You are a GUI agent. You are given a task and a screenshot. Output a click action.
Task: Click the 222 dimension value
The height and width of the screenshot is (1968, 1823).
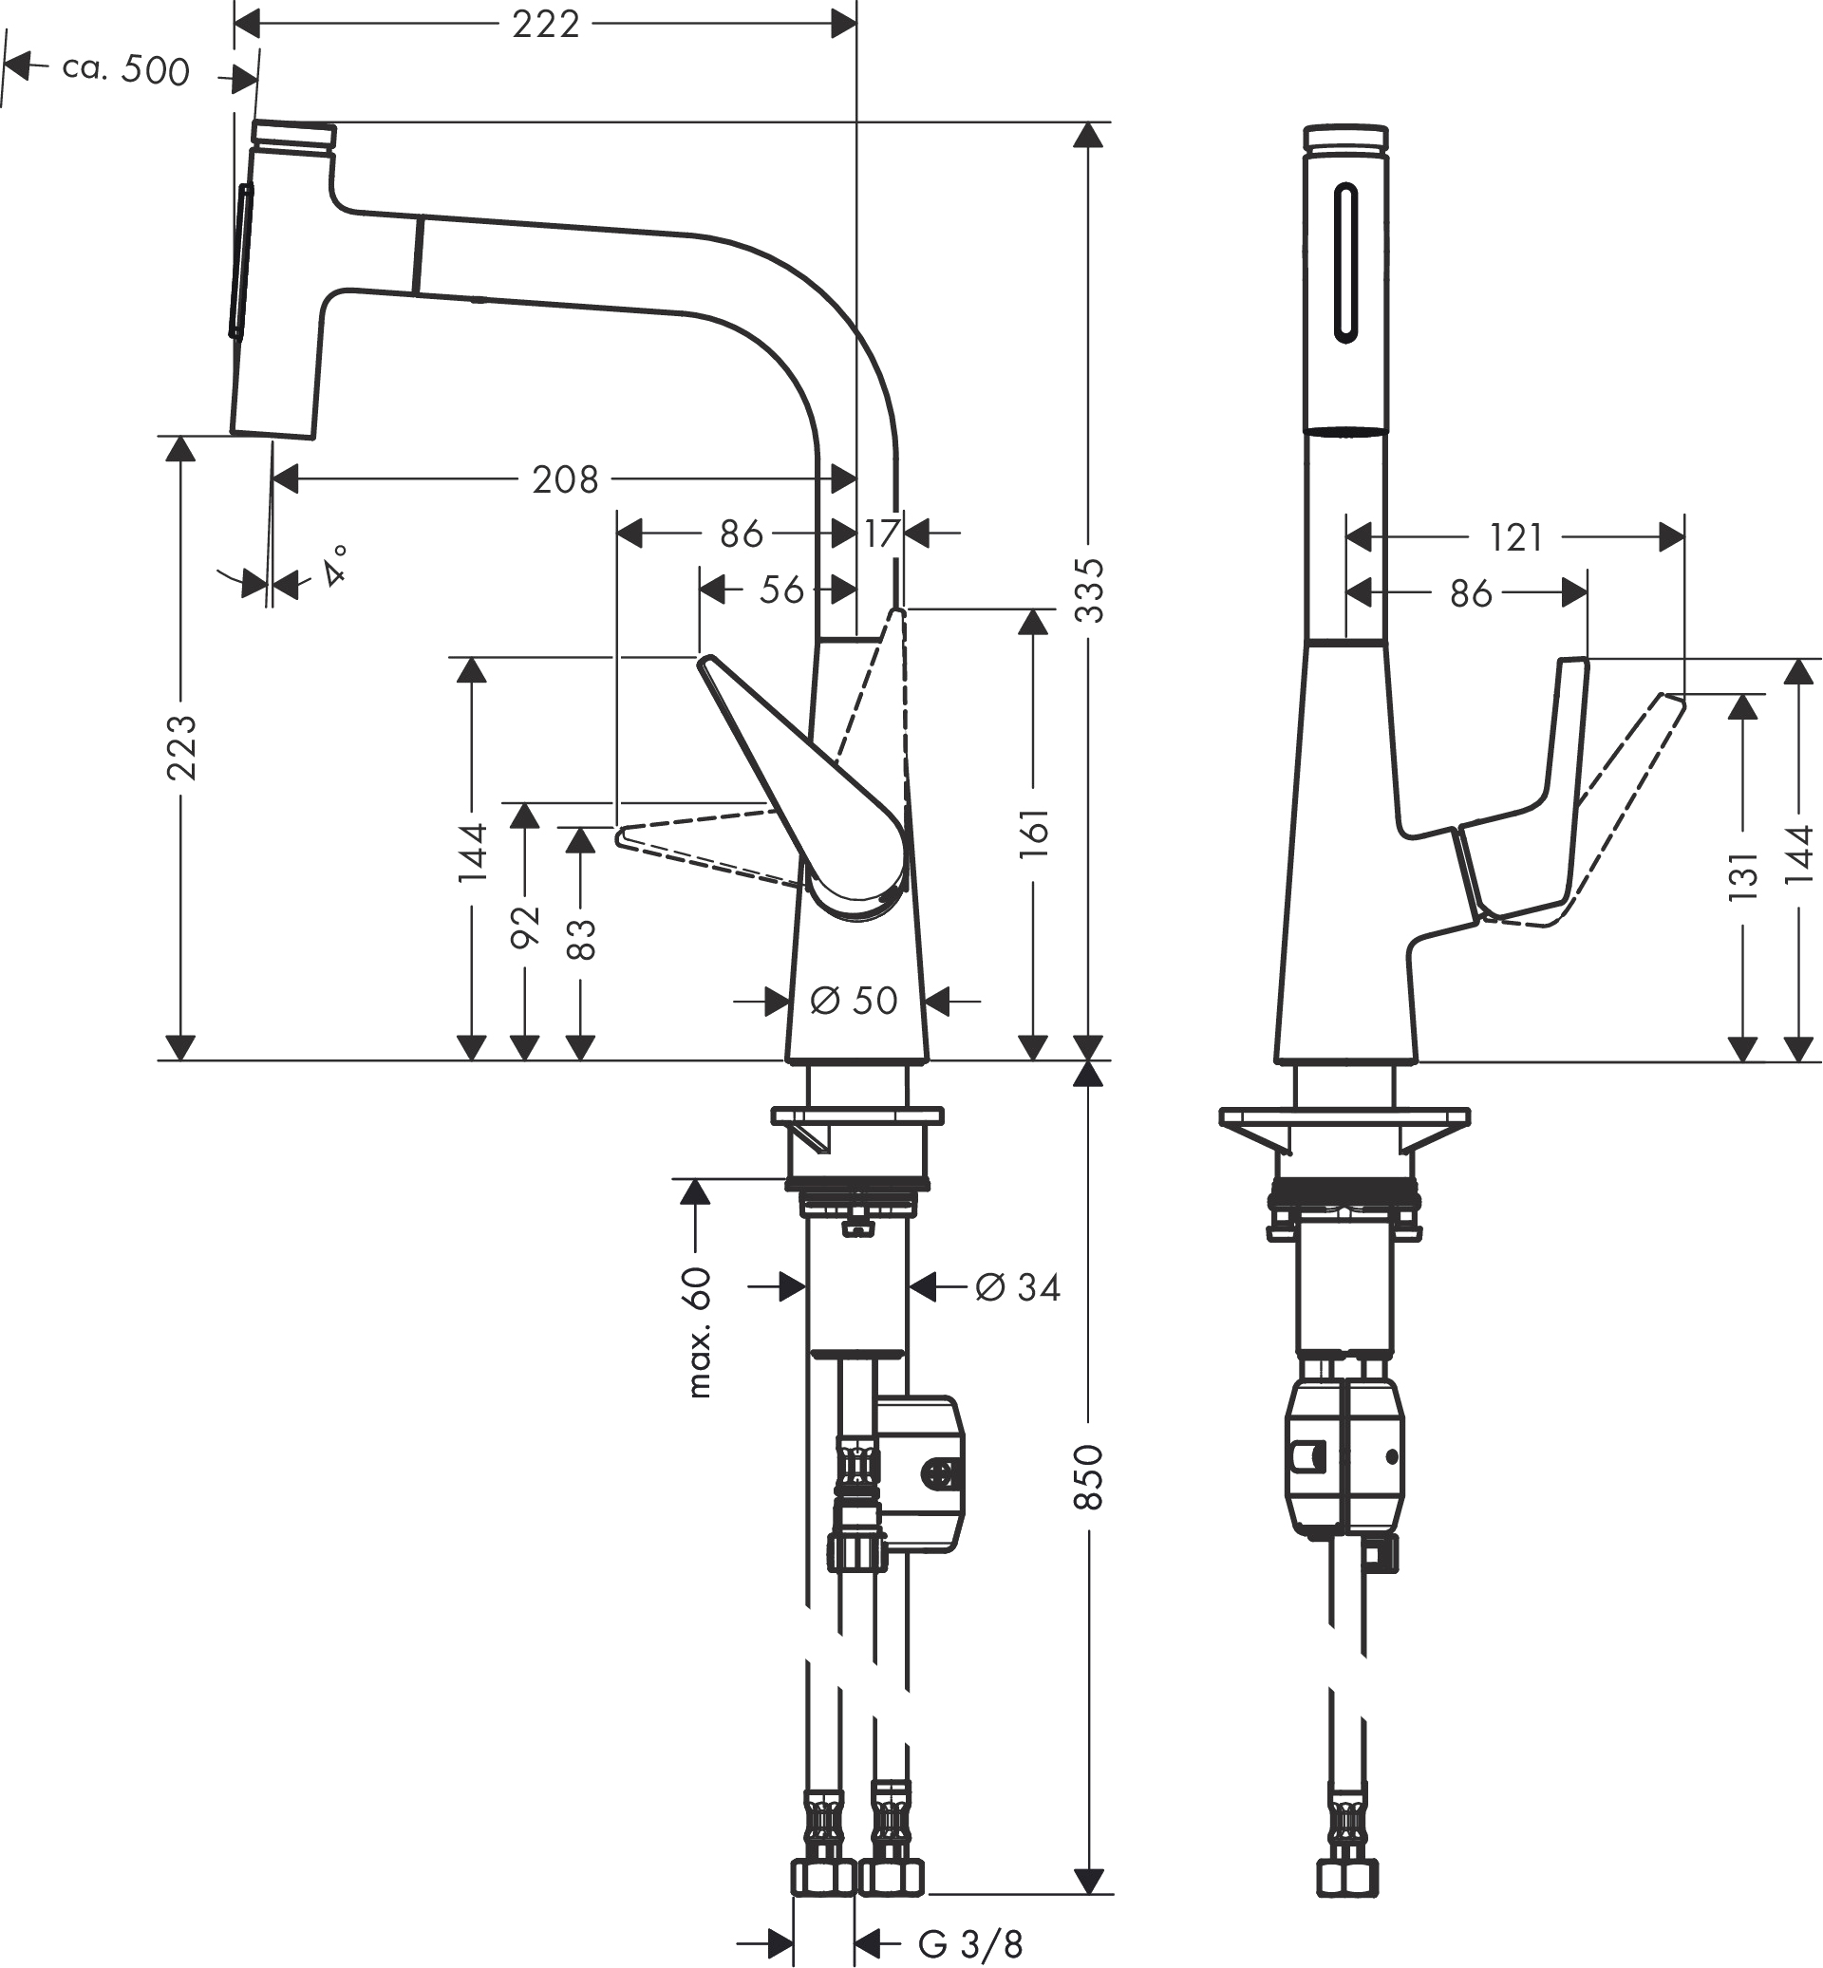[546, 24]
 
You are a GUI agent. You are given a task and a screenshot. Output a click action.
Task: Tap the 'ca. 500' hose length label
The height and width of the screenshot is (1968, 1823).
[125, 70]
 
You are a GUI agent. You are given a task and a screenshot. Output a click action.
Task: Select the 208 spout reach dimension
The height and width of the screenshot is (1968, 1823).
[565, 479]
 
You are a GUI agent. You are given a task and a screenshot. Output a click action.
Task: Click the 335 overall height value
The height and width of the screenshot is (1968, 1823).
[1089, 590]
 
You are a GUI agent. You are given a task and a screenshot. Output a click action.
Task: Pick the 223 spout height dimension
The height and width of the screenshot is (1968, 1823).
[181, 748]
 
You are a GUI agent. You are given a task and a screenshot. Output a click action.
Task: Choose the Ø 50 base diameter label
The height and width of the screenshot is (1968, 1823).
[855, 1002]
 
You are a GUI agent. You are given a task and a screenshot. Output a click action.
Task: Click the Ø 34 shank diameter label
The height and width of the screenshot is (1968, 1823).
[1017, 1287]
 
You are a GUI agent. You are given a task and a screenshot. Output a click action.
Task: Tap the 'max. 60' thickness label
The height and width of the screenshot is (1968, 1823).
[698, 1334]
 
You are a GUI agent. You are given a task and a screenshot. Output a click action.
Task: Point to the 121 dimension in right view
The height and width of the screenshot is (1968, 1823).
[1516, 537]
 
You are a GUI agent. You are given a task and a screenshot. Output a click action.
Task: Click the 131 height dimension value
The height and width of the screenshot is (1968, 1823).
[1744, 875]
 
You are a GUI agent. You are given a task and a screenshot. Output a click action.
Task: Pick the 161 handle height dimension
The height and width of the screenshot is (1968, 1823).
[1034, 833]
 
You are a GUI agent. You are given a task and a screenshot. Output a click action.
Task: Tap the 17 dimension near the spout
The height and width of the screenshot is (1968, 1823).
[882, 534]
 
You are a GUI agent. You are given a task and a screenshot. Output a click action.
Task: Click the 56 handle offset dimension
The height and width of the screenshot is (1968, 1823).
[782, 590]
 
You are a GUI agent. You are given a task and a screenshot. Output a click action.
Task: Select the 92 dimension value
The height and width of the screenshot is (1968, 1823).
[526, 926]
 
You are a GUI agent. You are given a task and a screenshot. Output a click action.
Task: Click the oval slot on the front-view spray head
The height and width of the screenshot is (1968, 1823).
[1345, 263]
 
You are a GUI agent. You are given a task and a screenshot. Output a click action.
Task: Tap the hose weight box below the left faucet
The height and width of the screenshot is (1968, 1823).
[919, 1473]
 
